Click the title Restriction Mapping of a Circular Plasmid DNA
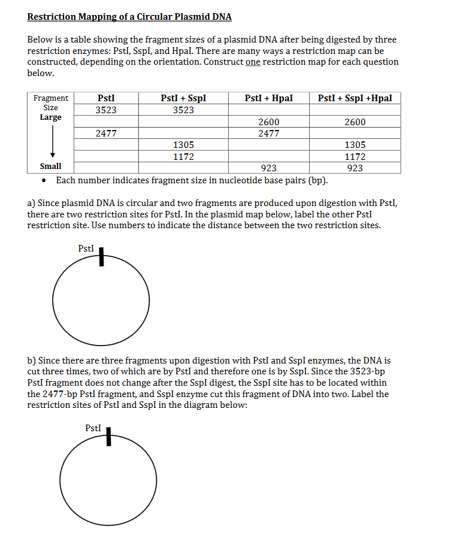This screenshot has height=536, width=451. (129, 17)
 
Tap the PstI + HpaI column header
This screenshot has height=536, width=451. (268, 98)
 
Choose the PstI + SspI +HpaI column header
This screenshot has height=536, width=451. (355, 98)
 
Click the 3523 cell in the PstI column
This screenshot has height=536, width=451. (106, 110)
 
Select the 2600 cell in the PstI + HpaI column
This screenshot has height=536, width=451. (268, 122)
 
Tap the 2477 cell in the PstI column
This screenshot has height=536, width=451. (106, 134)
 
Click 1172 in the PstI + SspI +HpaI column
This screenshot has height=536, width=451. (355, 157)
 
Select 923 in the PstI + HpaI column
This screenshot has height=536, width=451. (268, 168)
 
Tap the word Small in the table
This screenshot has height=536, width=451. (50, 166)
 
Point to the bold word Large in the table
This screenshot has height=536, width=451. (50, 117)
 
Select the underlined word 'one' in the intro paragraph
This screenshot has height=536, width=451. (253, 62)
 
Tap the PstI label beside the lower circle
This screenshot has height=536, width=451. (93, 428)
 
